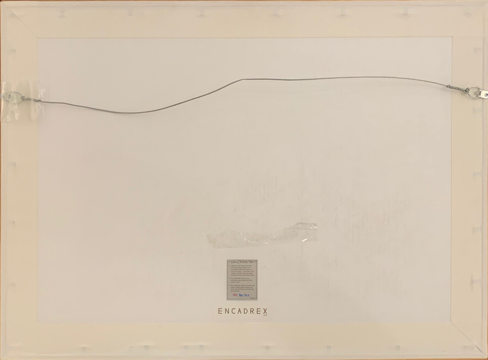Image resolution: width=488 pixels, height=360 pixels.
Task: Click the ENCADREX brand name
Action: [242, 311]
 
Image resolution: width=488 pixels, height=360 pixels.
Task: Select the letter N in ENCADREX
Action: [227, 311]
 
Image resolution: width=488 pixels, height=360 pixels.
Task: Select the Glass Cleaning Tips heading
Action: [242, 262]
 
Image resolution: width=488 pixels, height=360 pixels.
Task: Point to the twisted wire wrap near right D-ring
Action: [456, 88]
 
